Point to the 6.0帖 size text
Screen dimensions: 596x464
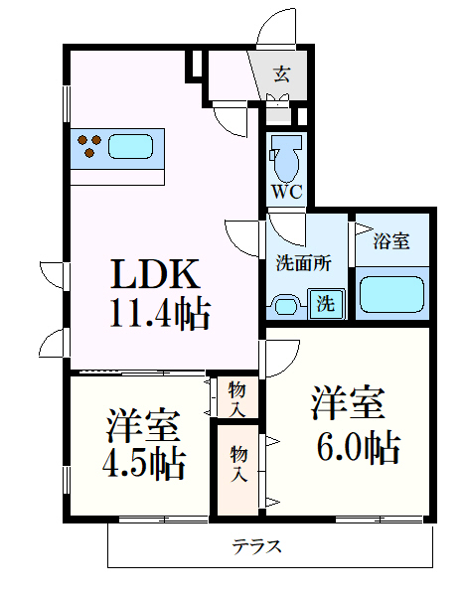click(356, 447)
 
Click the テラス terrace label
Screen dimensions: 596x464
click(257, 544)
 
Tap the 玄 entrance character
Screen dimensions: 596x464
click(281, 73)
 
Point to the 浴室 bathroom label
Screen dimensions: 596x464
click(389, 240)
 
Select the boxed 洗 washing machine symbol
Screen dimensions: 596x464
click(326, 304)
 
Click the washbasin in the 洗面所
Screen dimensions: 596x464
click(287, 303)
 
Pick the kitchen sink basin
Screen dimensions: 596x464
click(129, 147)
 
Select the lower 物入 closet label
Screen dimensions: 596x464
click(238, 464)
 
